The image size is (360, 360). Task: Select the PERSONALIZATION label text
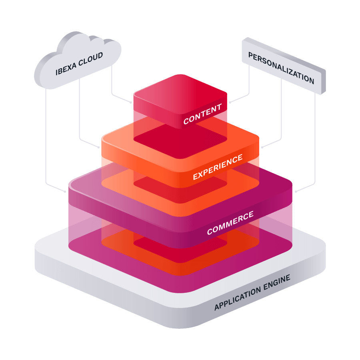pyautogui.click(x=281, y=68)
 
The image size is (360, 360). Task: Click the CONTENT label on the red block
pyautogui.click(x=202, y=114)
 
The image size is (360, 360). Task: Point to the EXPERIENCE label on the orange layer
pyautogui.click(x=218, y=167)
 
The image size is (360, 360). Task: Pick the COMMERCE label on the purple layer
pyautogui.click(x=230, y=223)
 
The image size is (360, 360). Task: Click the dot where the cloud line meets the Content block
pyautogui.click(x=131, y=102)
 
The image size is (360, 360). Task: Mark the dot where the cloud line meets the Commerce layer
pyautogui.click(x=65, y=192)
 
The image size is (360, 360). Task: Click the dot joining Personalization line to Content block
pyautogui.click(x=230, y=102)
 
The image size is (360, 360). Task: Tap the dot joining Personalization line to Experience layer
pyautogui.click(x=262, y=147)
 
